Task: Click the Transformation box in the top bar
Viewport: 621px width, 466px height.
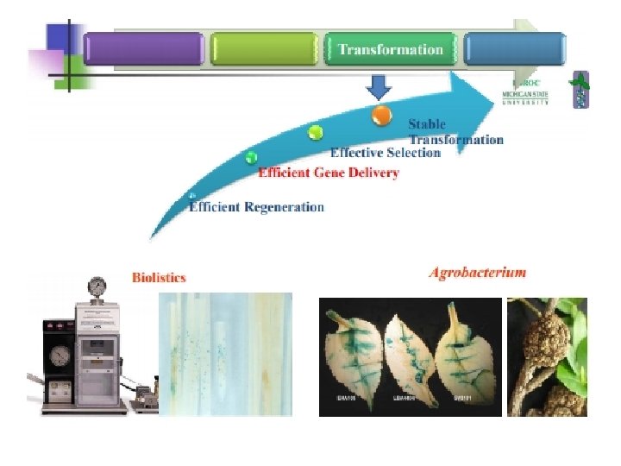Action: pos(390,49)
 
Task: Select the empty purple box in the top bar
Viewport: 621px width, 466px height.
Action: pos(144,49)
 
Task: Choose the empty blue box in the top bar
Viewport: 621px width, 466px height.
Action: pos(515,49)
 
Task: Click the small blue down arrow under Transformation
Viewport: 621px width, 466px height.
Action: pos(379,86)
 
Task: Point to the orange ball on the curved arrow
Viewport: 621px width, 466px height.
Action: pos(381,114)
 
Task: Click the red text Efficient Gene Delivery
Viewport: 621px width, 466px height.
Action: pos(329,173)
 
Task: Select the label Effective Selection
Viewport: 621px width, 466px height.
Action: pos(385,153)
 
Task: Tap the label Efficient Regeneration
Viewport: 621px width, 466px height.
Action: pos(256,207)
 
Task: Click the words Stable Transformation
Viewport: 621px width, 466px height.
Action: pos(455,132)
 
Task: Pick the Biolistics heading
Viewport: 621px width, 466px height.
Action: pos(159,277)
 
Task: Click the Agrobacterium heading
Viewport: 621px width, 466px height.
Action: pos(477,273)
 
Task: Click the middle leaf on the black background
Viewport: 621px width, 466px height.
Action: pos(410,355)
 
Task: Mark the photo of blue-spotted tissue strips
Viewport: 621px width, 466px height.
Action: pos(226,354)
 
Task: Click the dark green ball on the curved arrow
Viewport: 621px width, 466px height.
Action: pos(251,157)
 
